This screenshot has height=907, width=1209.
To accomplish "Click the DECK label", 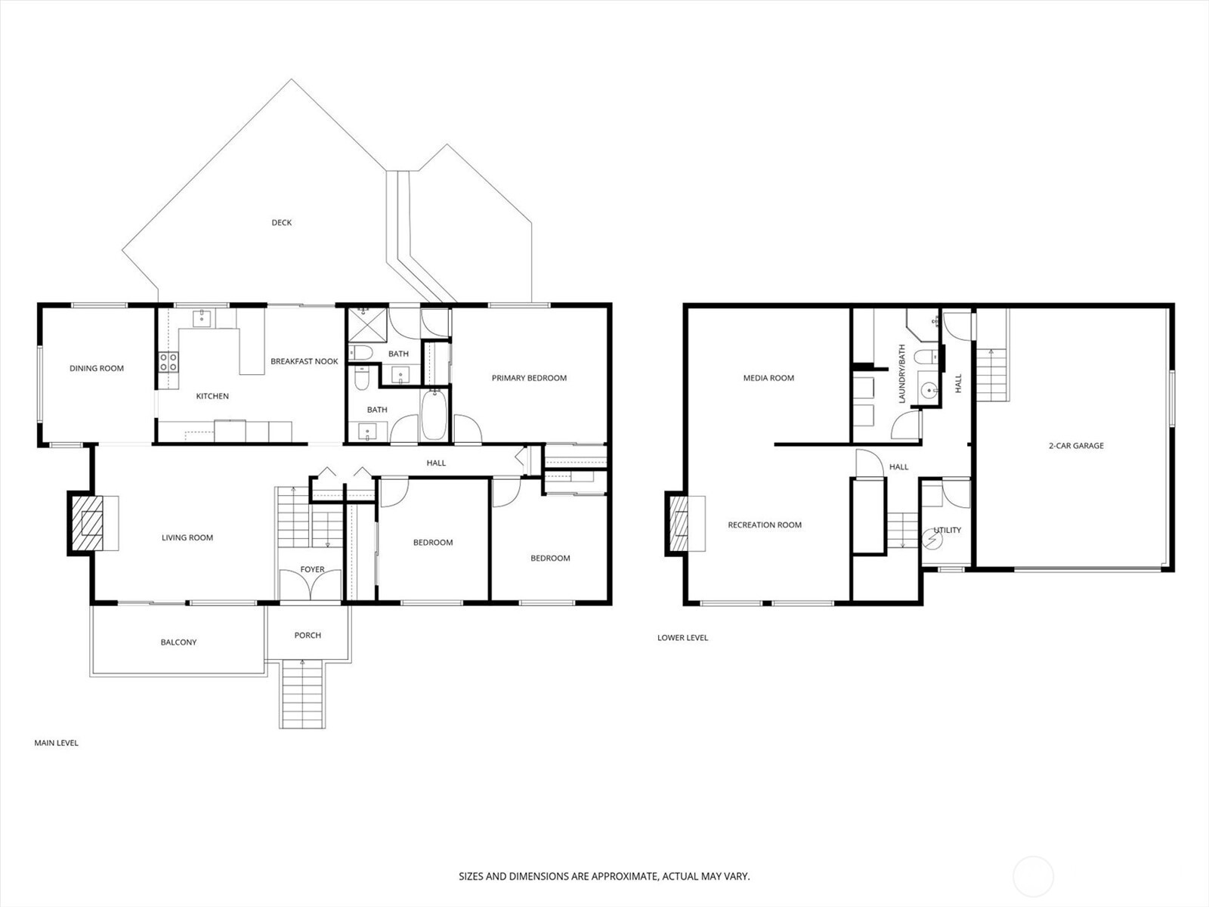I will point(281,223).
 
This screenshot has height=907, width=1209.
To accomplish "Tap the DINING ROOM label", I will point(97,369).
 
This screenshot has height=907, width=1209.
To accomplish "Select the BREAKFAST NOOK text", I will point(305,361).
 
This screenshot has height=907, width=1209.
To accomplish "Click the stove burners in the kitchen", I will point(168,362).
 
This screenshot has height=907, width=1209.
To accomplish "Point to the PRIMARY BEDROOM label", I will point(529,378).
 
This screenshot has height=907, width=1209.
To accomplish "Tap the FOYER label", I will point(312,570).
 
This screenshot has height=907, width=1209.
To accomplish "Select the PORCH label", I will point(308,636).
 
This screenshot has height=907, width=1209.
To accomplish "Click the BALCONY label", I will point(178,642).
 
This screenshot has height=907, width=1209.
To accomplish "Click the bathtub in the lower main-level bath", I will point(434,415).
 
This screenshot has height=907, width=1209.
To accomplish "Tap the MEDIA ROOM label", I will point(768,378).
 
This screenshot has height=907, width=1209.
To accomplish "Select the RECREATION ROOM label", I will point(765,525).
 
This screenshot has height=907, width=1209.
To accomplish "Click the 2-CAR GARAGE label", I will point(1076,446).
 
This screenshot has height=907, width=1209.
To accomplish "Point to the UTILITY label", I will point(948,531).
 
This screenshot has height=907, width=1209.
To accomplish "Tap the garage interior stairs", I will point(992,374).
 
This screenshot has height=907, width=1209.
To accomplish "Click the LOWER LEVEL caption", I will point(682,638).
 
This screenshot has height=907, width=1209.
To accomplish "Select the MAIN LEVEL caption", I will point(56,743).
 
